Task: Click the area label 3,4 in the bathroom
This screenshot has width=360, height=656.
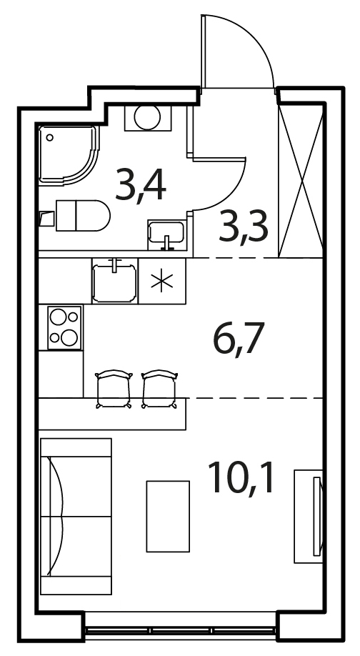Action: click(141, 184)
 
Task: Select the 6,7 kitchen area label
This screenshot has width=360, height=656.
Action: click(239, 339)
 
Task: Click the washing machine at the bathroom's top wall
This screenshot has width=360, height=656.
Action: click(148, 118)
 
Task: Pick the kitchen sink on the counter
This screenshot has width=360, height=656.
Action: click(114, 281)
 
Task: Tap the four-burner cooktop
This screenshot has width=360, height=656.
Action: click(64, 327)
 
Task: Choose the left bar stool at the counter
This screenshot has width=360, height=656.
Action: click(114, 389)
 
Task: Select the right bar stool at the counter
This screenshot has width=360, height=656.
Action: click(160, 389)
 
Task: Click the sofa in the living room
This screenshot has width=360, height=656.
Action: click(76, 516)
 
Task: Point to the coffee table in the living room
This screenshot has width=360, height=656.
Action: click(168, 516)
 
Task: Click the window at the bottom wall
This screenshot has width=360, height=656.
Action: click(180, 630)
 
